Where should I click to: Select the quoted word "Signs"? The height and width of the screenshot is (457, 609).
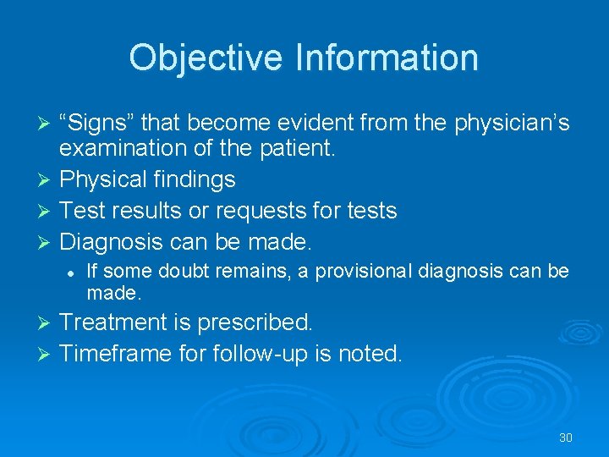point(99,124)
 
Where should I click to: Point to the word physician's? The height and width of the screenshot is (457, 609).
point(512,124)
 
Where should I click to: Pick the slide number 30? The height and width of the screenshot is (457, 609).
point(566,438)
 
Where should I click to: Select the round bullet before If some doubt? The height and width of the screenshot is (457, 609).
point(74,272)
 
